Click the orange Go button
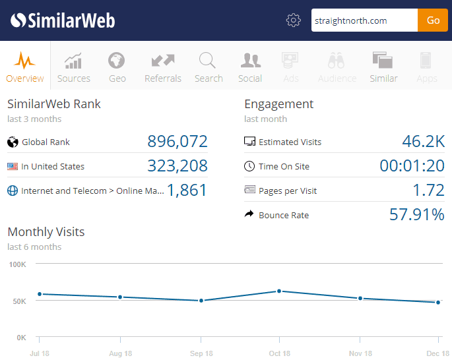(x=433, y=20)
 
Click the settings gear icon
(x=294, y=20)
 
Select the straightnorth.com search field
(x=364, y=20)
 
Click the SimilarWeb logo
(x=63, y=20)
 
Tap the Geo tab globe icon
(x=117, y=61)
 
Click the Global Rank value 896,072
(x=178, y=142)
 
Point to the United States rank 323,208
(x=178, y=166)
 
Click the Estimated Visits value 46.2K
(x=423, y=142)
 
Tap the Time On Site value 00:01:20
(x=412, y=166)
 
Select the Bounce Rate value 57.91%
(x=416, y=215)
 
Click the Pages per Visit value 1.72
(x=428, y=191)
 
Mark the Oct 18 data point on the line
(x=279, y=291)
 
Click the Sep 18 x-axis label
(x=201, y=354)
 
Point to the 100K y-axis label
(x=16, y=264)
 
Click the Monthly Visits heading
(x=46, y=232)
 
